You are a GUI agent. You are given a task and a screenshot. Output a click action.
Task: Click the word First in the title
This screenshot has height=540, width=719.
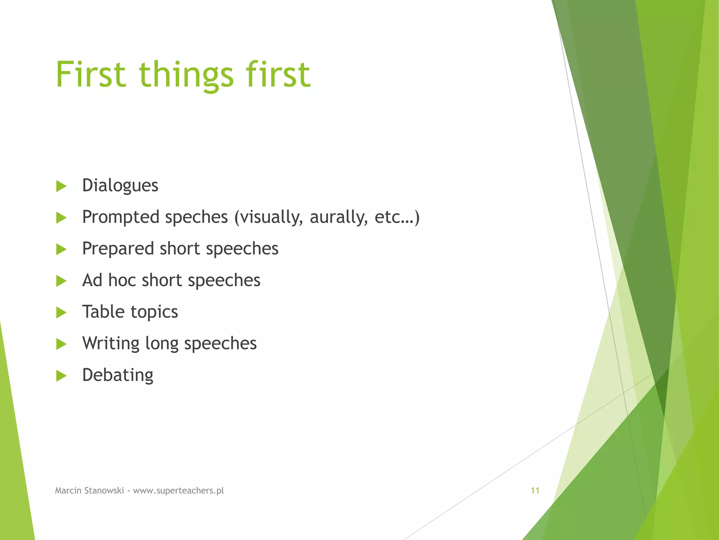tap(91, 75)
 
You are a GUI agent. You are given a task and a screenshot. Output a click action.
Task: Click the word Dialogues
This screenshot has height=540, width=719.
tap(120, 186)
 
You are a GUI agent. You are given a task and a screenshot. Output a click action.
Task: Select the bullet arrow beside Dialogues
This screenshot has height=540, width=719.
tap(61, 186)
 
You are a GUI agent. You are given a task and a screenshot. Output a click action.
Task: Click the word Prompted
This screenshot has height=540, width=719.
tap(121, 217)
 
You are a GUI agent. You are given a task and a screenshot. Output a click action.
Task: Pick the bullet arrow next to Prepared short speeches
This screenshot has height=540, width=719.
tap(61, 250)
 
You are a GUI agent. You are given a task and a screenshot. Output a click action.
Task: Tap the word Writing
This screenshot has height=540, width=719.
tap(111, 343)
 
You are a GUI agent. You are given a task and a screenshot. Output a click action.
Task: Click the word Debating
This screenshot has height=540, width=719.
tap(118, 375)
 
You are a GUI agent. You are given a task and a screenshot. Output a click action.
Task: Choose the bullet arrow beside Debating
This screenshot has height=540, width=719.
tap(61, 376)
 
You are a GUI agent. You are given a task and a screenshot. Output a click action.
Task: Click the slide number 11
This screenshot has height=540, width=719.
tap(535, 491)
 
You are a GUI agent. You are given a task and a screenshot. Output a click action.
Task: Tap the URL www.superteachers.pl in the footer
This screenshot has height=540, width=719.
tap(178, 491)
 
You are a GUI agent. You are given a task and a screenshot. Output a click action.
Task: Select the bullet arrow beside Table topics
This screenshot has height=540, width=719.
tap(61, 313)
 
